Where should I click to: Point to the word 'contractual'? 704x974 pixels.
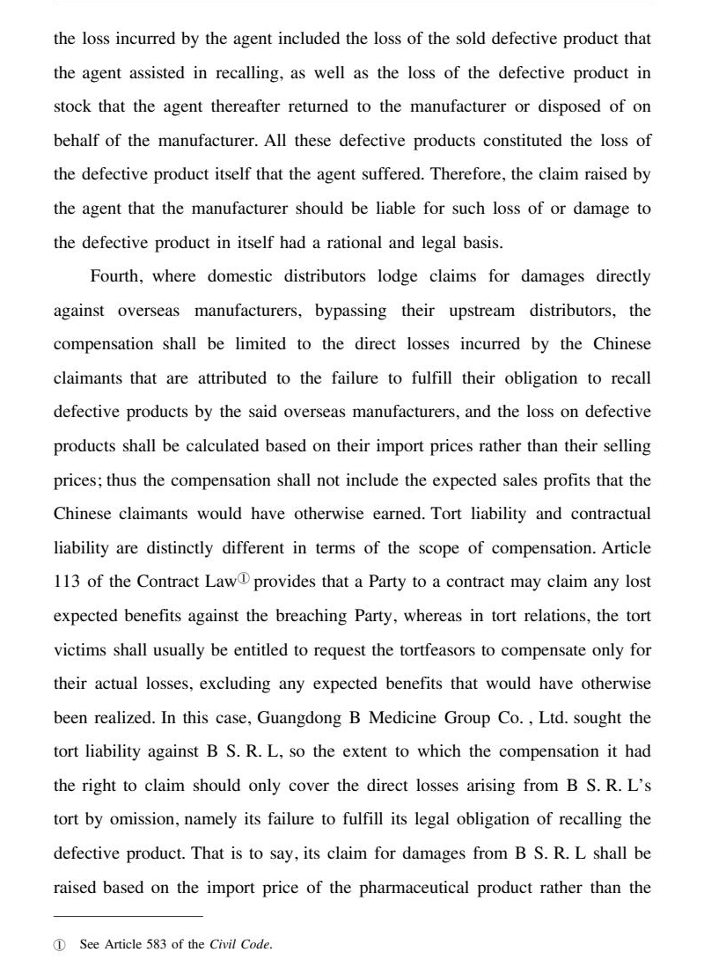[610, 513]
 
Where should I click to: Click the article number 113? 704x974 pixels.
[70, 581]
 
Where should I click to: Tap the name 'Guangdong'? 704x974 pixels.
[297, 717]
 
